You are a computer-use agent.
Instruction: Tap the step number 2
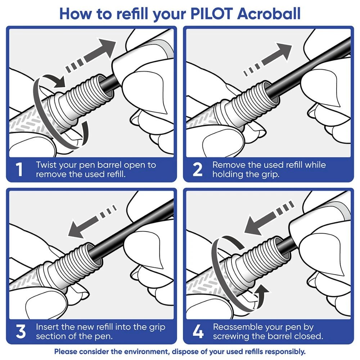click(197, 170)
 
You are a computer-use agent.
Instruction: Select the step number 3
click(21, 332)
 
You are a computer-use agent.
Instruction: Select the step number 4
click(198, 332)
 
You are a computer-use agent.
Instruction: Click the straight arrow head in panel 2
click(284, 50)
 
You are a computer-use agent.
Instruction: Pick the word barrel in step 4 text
click(283, 337)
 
